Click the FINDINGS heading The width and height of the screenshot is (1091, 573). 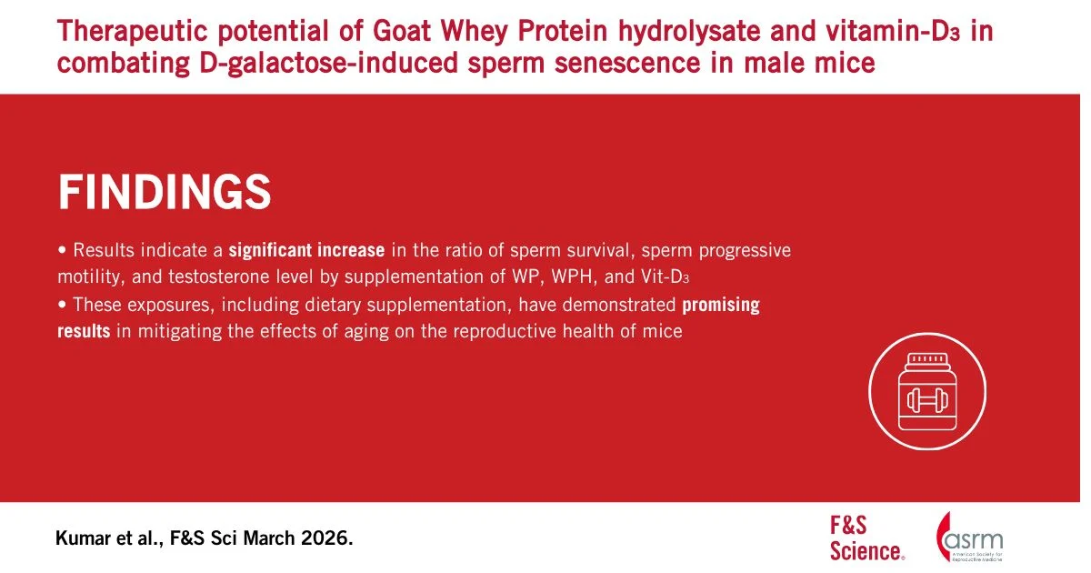[x=165, y=192]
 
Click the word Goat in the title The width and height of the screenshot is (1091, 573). [x=402, y=31]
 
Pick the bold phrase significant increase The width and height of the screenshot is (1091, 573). [x=307, y=250]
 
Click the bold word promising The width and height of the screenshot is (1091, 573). [x=721, y=305]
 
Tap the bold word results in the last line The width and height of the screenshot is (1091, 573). [x=84, y=331]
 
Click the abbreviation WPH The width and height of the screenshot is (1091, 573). [x=574, y=276]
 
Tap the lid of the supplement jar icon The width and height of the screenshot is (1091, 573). [x=928, y=359]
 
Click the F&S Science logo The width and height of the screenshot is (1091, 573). [x=867, y=538]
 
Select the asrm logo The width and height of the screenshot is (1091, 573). [x=969, y=537]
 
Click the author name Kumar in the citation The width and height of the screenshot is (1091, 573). [x=82, y=538]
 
